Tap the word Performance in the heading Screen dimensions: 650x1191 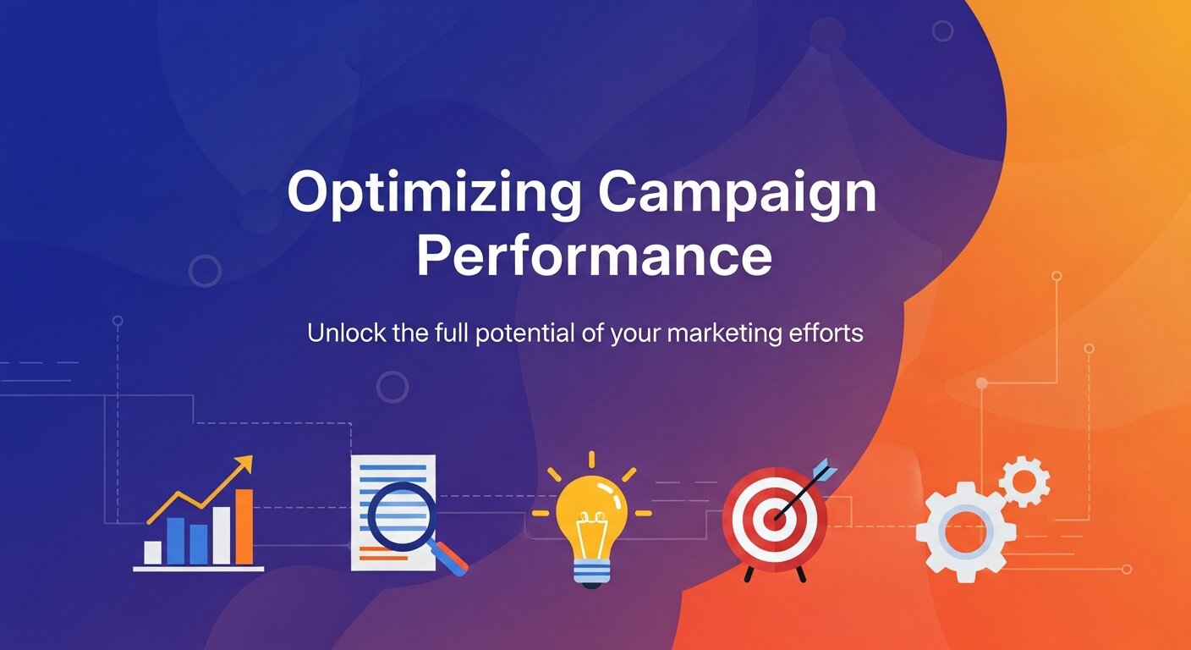595,258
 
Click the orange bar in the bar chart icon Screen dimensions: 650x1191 244,526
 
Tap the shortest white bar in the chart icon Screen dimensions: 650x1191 153,552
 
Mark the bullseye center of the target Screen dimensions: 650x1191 773,517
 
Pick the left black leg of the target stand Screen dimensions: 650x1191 748,573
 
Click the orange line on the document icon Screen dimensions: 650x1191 382,554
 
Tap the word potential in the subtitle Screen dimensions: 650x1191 524,333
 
